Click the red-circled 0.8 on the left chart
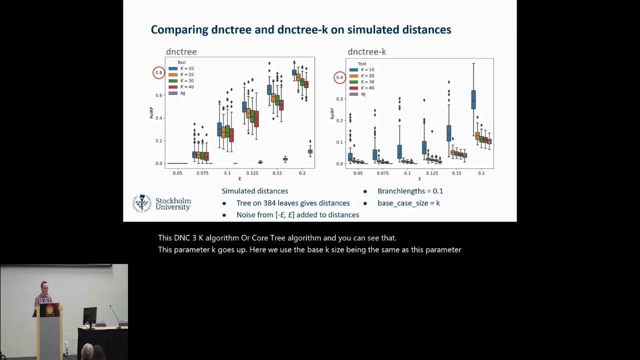point(158,73)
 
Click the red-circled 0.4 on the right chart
point(340,77)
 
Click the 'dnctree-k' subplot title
point(366,52)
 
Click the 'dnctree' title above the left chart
point(181,52)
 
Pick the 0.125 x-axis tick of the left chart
point(252,173)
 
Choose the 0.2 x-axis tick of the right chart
point(481,173)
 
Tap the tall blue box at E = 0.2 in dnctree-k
point(473,99)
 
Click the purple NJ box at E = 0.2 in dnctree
point(310,151)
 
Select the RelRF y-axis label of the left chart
point(151,113)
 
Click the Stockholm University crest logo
point(142,203)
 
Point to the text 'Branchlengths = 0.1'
point(410,191)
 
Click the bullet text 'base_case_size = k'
point(408,203)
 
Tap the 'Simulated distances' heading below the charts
point(254,191)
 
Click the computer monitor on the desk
point(90,315)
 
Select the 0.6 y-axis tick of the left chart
point(158,95)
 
